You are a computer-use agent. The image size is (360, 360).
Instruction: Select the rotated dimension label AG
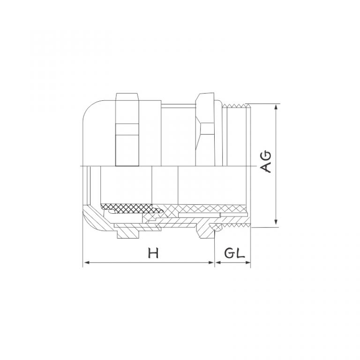pyautogui.click(x=266, y=162)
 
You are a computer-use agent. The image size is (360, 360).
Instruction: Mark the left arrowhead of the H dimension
pyautogui.click(x=86, y=263)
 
